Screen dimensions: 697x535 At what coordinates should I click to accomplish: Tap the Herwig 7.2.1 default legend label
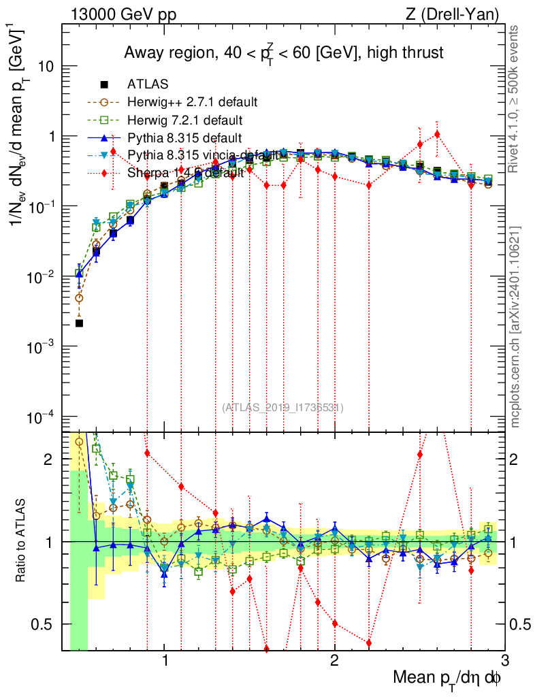pyautogui.click(x=186, y=120)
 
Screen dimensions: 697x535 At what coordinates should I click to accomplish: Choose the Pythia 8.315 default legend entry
pyautogui.click(x=186, y=137)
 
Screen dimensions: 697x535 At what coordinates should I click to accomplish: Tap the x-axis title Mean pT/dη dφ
pyautogui.click(x=448, y=677)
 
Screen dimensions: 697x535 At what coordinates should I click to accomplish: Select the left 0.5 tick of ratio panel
pyautogui.click(x=48, y=624)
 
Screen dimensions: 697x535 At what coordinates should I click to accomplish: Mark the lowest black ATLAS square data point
pyautogui.click(x=79, y=323)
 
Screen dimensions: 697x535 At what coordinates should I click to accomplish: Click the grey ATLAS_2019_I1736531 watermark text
pyautogui.click(x=282, y=408)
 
